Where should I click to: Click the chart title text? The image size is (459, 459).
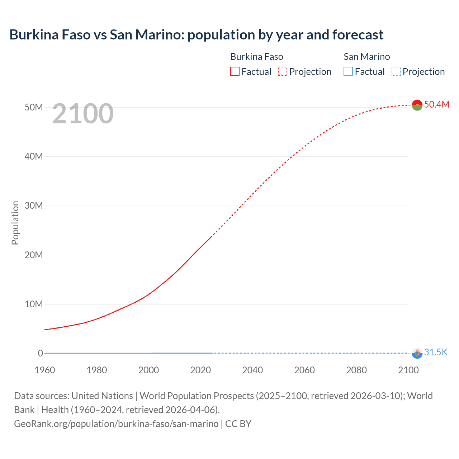tap(196, 35)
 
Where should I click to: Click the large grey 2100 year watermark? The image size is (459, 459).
tap(83, 114)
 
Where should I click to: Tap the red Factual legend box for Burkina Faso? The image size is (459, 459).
tap(235, 71)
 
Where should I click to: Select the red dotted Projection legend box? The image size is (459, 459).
tap(283, 71)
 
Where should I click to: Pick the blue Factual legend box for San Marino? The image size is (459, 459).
tap(348, 71)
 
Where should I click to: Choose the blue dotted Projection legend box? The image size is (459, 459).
tap(396, 71)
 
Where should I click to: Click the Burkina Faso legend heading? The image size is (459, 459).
tap(256, 57)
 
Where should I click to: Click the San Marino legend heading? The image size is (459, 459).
tap(366, 57)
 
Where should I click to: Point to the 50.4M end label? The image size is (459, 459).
tap(436, 104)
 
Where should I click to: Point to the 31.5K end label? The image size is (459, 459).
tap(436, 352)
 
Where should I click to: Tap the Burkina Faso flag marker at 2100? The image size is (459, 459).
tap(417, 105)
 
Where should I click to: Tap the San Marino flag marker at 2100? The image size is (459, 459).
tap(417, 353)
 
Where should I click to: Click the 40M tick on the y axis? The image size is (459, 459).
tap(34, 156)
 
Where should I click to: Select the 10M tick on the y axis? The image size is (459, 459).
tap(34, 304)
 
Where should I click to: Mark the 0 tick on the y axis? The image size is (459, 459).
tap(40, 353)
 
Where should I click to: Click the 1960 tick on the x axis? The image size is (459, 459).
tap(45, 370)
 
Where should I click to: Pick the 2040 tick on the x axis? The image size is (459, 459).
tap(252, 370)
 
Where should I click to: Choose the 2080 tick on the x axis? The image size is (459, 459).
tap(356, 370)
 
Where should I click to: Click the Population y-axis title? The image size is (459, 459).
tap(15, 223)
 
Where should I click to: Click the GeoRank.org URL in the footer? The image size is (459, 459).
tap(116, 424)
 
